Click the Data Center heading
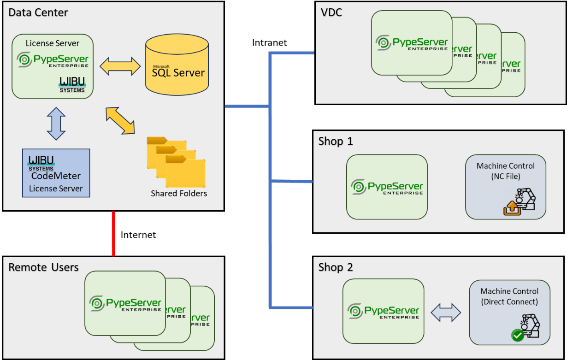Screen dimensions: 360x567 (38, 12)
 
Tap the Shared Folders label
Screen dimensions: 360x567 (179, 194)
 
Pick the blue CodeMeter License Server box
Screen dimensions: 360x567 (56, 173)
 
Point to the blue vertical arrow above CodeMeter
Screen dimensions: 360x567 (56, 124)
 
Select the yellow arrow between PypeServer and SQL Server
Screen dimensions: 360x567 (120, 66)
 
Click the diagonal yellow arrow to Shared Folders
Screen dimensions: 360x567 (120, 121)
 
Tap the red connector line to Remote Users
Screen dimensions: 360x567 (113, 233)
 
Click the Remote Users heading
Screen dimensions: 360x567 (43, 267)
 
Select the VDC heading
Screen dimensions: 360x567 (331, 12)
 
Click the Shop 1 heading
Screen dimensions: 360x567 (336, 141)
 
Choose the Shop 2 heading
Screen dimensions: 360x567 (336, 267)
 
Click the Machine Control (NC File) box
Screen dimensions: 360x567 (506, 187)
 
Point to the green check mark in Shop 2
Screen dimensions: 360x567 (518, 336)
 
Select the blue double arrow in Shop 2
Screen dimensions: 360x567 (446, 312)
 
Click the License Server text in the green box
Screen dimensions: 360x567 (53, 43)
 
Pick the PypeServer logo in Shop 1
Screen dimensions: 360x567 (387, 187)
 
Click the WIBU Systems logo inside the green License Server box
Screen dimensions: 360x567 (72, 84)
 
